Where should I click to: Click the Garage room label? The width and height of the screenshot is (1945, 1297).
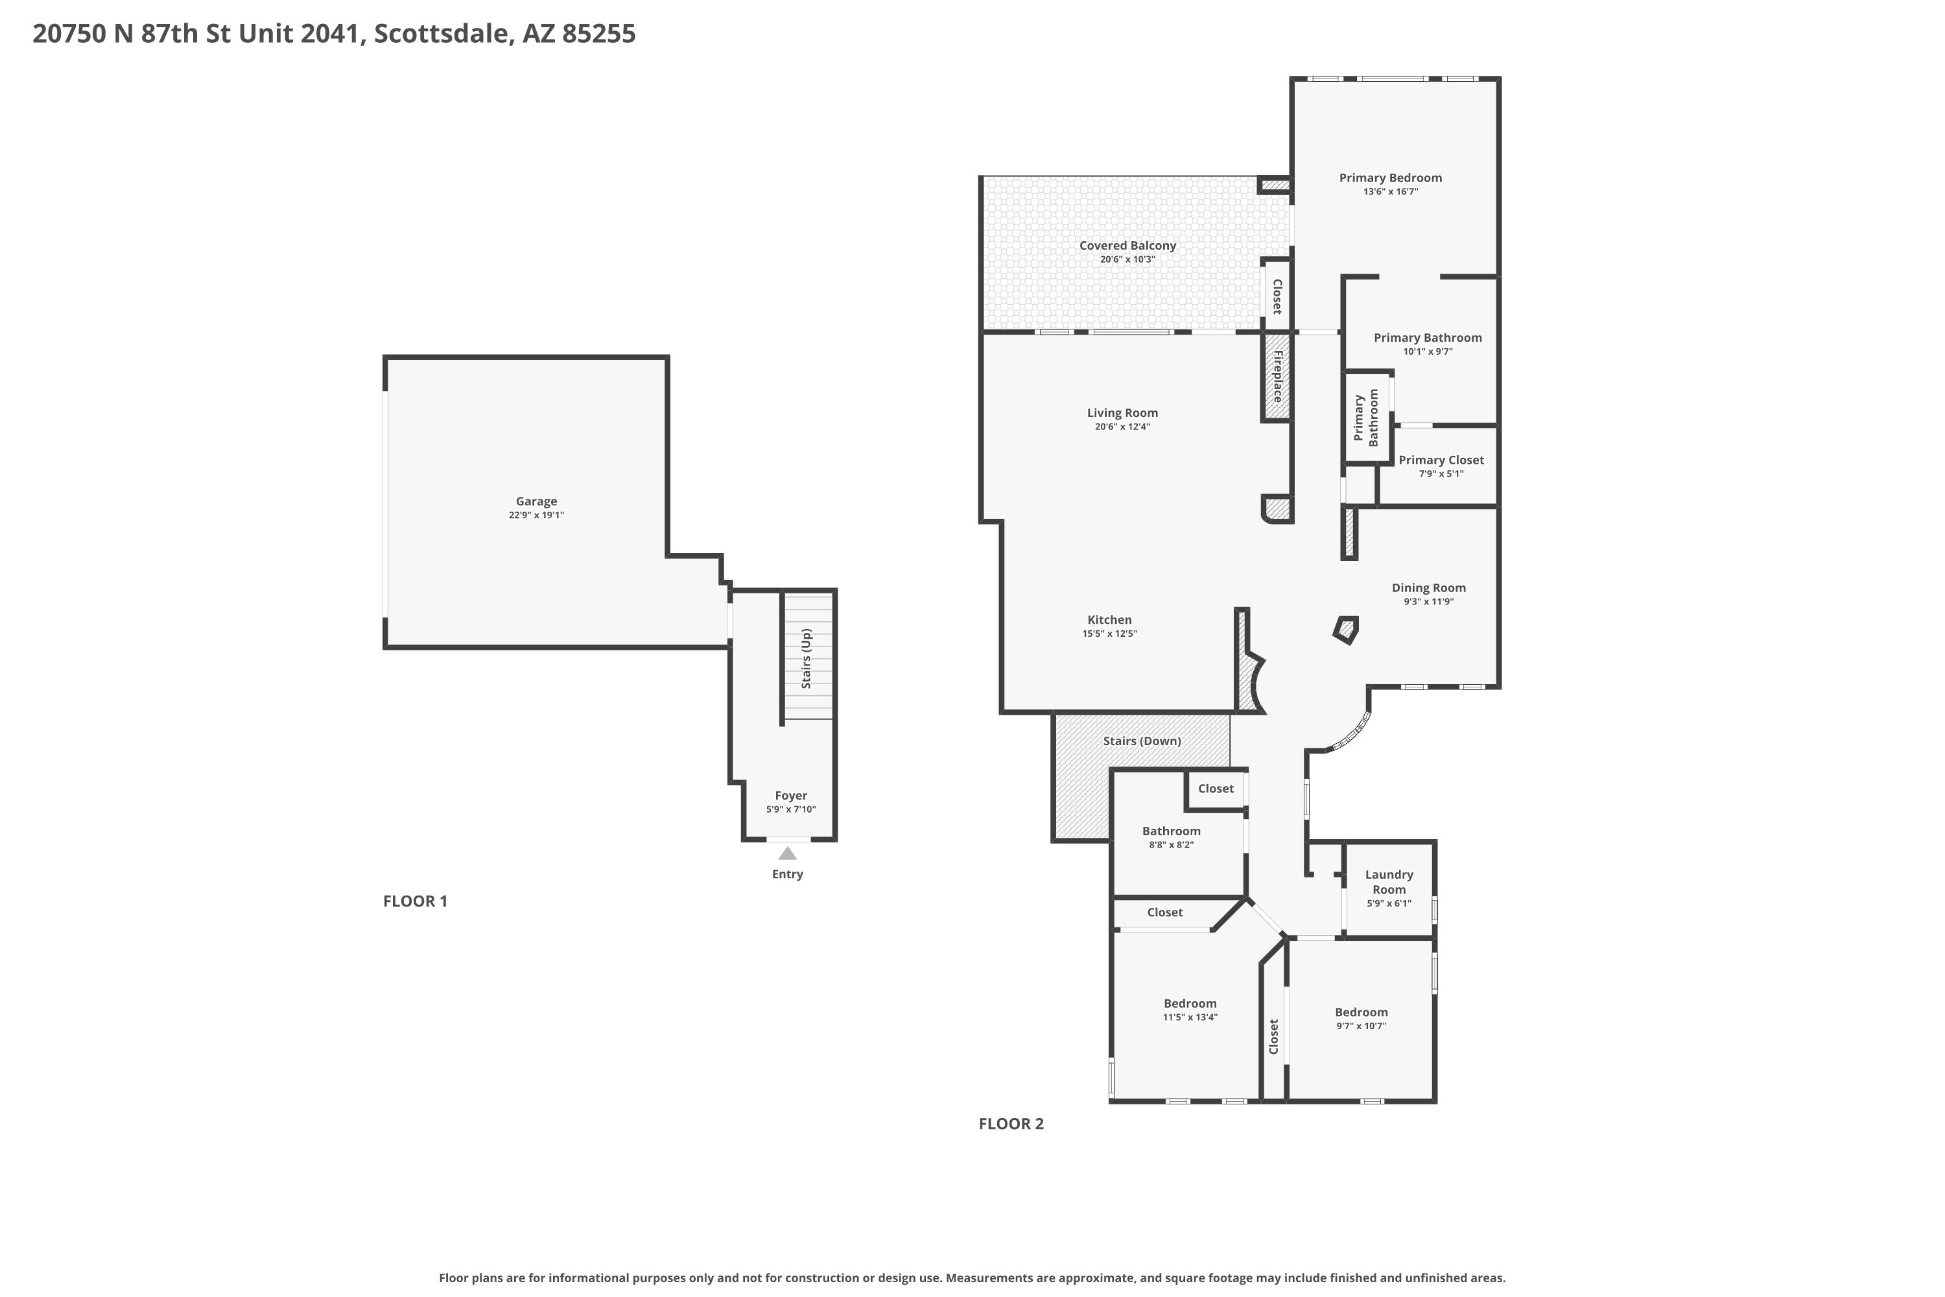[x=536, y=501]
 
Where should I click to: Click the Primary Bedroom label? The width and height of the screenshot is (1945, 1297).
[x=1390, y=178]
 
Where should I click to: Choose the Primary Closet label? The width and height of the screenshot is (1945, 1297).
[x=1441, y=460]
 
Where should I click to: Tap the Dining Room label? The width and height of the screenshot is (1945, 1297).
[x=1428, y=588]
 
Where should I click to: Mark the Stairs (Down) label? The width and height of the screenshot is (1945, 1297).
[x=1141, y=741]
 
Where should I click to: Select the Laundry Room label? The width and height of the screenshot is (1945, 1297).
[x=1389, y=882]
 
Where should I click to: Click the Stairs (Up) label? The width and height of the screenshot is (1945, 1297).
[x=807, y=658]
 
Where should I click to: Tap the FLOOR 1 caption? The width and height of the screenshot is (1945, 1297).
[x=415, y=901]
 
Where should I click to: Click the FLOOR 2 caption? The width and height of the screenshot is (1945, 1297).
[x=1011, y=1124]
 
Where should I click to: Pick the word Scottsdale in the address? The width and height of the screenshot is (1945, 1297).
[x=441, y=34]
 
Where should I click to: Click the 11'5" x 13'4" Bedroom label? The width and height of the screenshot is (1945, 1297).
[x=1190, y=1004]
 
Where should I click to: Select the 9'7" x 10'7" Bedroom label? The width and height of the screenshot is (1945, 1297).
[x=1360, y=1012]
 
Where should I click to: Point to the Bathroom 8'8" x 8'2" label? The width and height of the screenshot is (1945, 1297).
[x=1171, y=831]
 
